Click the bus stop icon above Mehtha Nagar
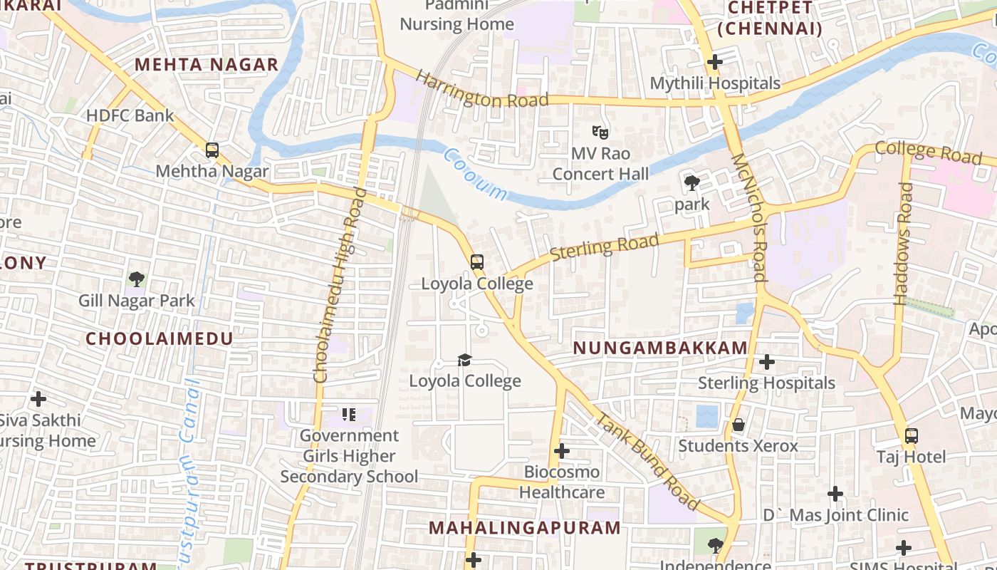point(212,150)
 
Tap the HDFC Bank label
point(130,115)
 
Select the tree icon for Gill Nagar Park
point(136,279)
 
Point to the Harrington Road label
point(482,90)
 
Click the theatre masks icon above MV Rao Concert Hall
point(600,133)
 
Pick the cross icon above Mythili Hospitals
point(714,62)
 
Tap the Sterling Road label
point(605,247)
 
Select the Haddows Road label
point(904,243)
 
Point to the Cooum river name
point(475,174)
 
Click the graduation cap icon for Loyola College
point(465,360)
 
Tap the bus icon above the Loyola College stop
point(477,262)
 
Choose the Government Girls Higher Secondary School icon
point(348,414)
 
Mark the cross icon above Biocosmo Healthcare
point(562,451)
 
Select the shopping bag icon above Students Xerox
point(738,425)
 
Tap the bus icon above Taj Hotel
point(911,435)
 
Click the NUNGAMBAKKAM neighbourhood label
point(660,348)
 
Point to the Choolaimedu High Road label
point(340,285)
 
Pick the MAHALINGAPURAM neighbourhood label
point(525,528)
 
